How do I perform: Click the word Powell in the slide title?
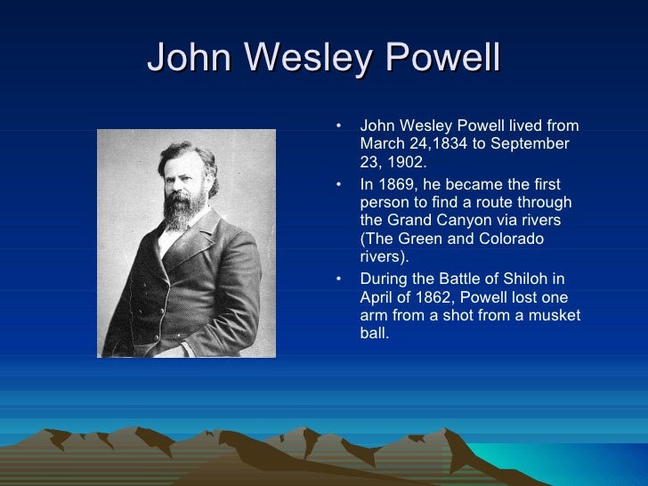(442, 60)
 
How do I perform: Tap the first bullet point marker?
(338, 126)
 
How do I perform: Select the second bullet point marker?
(338, 185)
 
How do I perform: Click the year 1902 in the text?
(401, 162)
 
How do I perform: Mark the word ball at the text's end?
(374, 334)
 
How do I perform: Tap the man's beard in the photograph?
(182, 210)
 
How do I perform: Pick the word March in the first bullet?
(381, 143)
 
